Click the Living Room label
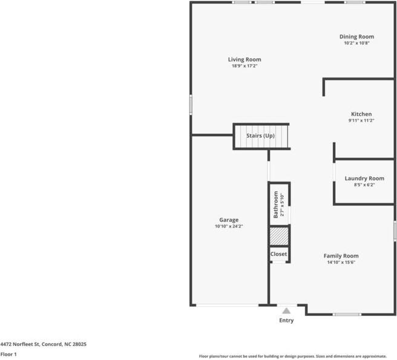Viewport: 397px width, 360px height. coord(244,59)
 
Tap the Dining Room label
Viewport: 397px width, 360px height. coord(356,36)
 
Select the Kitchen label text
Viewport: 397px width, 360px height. coord(361,114)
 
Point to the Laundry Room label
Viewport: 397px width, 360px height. coord(364,178)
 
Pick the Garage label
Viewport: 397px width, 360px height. coord(229,220)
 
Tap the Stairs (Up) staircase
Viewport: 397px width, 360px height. coord(260,136)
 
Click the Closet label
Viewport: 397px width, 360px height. coord(278,254)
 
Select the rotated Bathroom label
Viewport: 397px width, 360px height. coord(276,205)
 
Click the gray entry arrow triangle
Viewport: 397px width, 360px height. coord(287,310)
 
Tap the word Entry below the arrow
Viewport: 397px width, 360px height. coord(286,321)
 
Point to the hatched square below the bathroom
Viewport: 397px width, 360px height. coord(279,235)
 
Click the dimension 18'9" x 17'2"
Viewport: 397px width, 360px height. coord(244,66)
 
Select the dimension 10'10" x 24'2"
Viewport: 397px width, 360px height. coord(229,226)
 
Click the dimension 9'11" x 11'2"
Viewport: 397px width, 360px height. coord(361,120)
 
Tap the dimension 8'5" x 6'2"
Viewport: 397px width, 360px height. coord(364,185)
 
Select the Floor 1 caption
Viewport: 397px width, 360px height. coord(8,354)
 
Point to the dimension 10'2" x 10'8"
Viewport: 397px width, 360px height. coord(356,43)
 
